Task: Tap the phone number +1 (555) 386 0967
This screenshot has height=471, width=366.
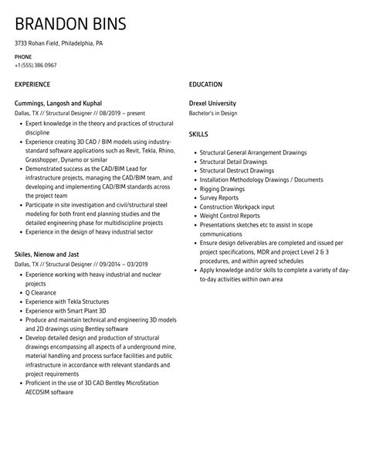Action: [36, 65]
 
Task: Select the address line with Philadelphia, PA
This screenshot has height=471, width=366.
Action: [59, 43]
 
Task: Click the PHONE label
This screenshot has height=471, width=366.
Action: [23, 56]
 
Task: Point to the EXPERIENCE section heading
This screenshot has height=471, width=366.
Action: [33, 84]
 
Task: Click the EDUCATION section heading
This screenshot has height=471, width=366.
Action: [205, 84]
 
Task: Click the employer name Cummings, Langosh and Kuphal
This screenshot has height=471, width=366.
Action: [58, 103]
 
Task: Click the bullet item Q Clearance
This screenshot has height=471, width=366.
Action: [41, 292]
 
